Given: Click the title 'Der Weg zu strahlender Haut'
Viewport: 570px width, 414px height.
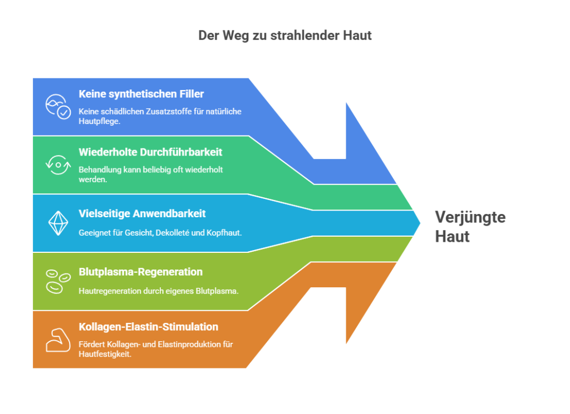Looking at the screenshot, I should (x=284, y=35).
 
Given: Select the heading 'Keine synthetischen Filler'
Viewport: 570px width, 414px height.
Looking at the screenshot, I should (x=141, y=94).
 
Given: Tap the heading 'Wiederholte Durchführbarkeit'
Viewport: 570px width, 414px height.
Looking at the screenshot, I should (x=150, y=152).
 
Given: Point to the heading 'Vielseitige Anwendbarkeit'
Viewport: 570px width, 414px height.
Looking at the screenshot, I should (x=142, y=213).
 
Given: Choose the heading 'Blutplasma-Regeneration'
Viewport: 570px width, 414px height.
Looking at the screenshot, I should (x=141, y=272).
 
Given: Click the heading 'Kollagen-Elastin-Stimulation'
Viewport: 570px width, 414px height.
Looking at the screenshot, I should (x=149, y=327).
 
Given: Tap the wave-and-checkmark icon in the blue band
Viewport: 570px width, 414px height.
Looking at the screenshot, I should (x=58, y=106).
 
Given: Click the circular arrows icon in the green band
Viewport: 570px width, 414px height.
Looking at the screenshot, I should (x=58, y=165).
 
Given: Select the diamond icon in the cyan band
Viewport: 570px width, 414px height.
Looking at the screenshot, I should (x=58, y=223).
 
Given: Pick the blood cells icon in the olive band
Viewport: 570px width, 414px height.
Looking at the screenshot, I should (x=58, y=281).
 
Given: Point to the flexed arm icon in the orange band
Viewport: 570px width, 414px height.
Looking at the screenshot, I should (x=58, y=340).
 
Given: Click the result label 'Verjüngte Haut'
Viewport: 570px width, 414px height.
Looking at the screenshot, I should (x=469, y=227).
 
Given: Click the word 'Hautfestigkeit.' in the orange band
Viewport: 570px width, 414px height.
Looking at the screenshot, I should (x=105, y=353).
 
